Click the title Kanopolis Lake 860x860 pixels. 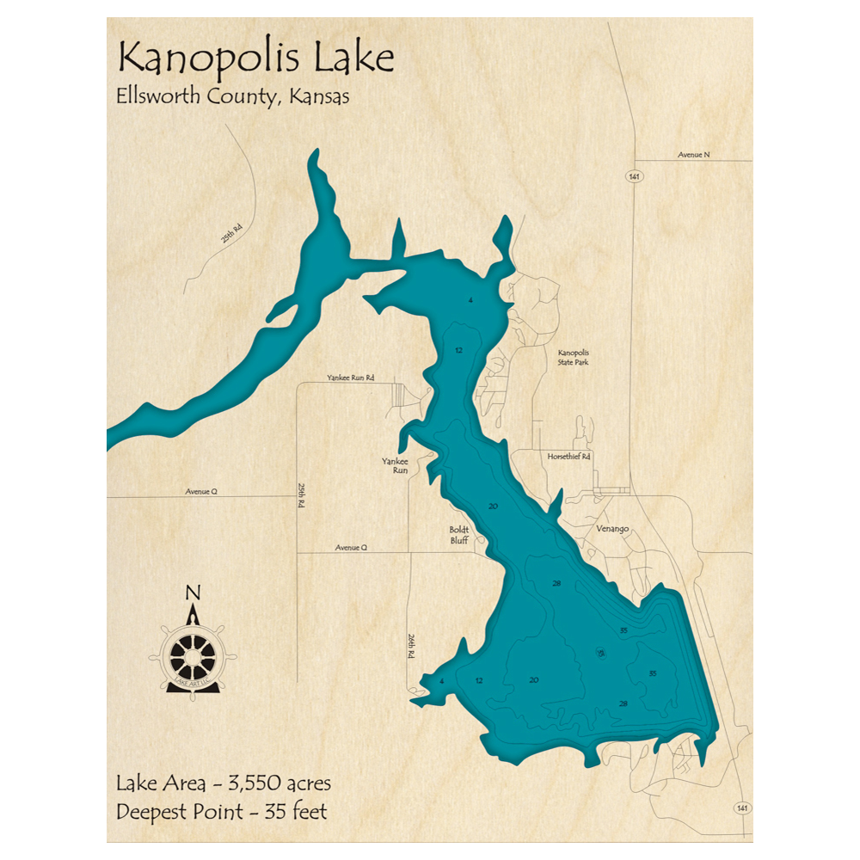point(255,58)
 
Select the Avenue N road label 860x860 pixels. point(694,154)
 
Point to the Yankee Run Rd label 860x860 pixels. point(351,378)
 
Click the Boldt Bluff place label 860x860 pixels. point(458,536)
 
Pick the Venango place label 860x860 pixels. point(612,530)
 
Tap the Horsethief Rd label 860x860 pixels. point(568,456)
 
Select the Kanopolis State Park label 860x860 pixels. point(573,358)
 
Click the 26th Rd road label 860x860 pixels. point(411,647)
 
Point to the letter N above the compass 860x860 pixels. point(193,593)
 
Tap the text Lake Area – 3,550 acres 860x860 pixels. point(223,783)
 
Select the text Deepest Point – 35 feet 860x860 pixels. point(221,810)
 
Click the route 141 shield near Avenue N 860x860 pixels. point(635,176)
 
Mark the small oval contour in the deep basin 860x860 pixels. point(600,654)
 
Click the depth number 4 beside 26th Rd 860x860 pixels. point(441,681)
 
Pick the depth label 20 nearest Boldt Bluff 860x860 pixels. point(493,506)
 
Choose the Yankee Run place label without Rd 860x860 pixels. point(395,466)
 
